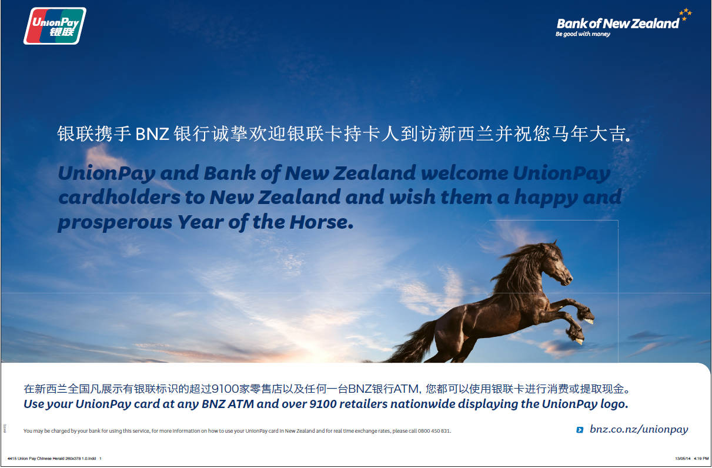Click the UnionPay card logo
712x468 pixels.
(x=55, y=26)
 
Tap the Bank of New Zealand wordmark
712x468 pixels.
(x=618, y=24)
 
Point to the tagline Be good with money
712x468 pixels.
(x=583, y=34)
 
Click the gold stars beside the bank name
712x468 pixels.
(x=686, y=14)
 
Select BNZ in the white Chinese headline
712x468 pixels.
(x=152, y=134)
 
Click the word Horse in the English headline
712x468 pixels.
(x=322, y=222)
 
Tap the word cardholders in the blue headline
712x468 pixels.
(x=119, y=197)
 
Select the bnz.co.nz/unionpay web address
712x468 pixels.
(x=639, y=430)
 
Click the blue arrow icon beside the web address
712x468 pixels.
(x=580, y=430)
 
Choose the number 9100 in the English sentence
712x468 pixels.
(x=323, y=404)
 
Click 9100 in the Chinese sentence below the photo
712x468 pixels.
(x=225, y=389)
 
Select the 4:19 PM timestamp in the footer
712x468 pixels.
(x=701, y=459)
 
